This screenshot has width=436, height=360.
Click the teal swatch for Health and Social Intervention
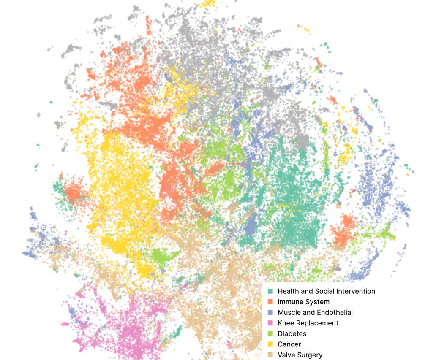point(270,291)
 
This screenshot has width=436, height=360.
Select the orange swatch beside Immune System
point(270,302)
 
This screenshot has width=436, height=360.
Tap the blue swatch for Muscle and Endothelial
point(270,312)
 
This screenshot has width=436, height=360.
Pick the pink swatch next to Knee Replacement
point(270,323)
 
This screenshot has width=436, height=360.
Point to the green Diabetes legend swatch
point(270,333)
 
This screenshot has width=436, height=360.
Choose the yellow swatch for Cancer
point(270,344)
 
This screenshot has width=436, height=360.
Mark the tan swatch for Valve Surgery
point(270,355)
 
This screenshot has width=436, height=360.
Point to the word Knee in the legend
point(285,323)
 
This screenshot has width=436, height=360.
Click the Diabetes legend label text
point(292,333)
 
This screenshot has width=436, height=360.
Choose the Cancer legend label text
point(289,344)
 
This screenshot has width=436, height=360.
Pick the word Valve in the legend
point(286,355)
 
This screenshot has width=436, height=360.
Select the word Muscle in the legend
point(289,312)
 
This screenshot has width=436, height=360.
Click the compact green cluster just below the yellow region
point(163,256)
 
